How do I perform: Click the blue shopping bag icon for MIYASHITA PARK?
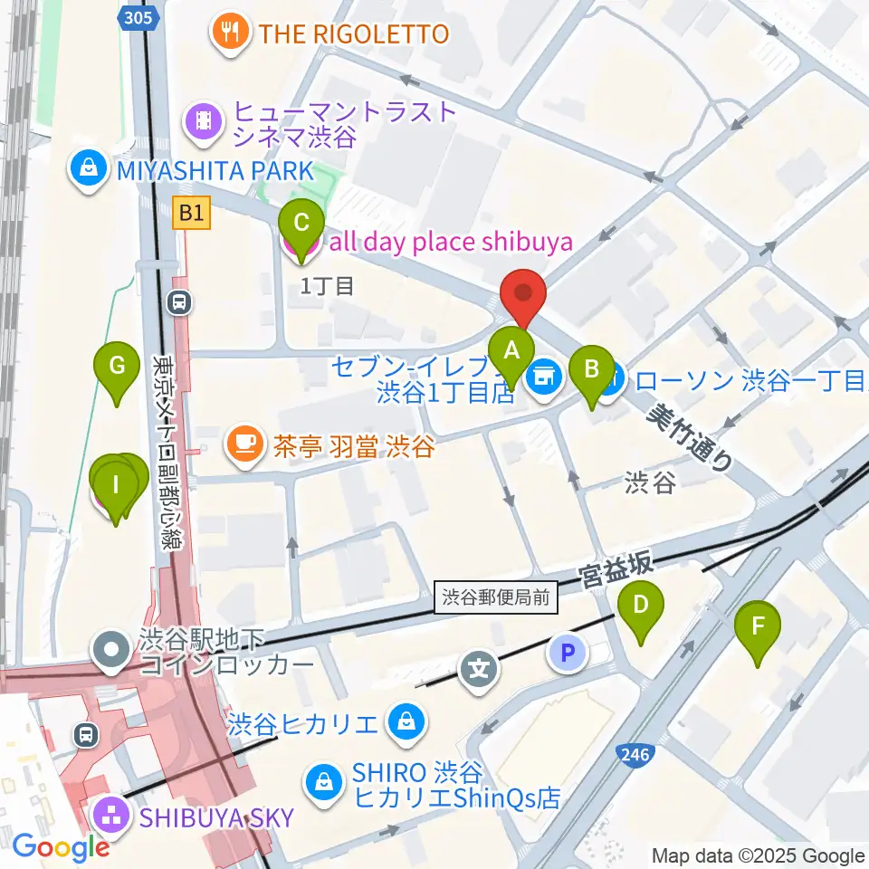[x=90, y=169]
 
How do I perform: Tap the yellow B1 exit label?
[x=191, y=214]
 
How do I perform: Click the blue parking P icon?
[x=567, y=652]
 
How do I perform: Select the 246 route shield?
[x=633, y=753]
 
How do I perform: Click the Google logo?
[x=61, y=847]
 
